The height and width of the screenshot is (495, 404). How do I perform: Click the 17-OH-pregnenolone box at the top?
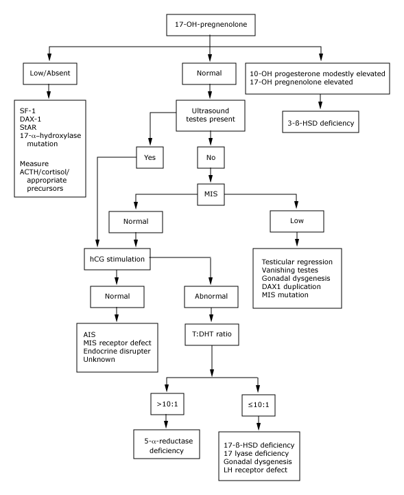point(211,25)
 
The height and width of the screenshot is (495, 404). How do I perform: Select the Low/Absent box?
point(50,73)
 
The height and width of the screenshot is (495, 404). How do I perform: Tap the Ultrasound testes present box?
point(211,115)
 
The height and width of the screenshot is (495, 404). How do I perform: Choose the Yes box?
point(150,157)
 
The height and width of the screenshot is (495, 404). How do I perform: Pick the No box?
point(211,157)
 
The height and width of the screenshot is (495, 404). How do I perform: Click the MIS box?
point(211,194)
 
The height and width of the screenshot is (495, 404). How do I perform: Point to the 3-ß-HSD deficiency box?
point(320,122)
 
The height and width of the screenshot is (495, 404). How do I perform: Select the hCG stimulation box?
point(117,259)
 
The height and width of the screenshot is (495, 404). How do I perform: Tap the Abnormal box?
point(211,297)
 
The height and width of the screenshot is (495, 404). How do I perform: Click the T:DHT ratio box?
point(212,334)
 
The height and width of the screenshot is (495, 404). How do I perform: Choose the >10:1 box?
point(167,404)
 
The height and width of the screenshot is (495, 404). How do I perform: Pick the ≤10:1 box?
point(259,405)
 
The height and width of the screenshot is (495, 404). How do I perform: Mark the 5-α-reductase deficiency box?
point(167,444)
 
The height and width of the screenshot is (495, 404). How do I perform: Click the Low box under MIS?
point(297,221)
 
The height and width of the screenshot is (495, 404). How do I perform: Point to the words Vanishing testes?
point(290,270)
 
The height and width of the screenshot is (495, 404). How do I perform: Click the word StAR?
point(28,127)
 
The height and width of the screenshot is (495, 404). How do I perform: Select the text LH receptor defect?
point(255,470)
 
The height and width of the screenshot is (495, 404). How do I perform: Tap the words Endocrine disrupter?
point(117,351)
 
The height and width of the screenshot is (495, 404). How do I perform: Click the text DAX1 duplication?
point(291,287)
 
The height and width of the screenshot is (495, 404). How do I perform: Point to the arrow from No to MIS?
point(211,176)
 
